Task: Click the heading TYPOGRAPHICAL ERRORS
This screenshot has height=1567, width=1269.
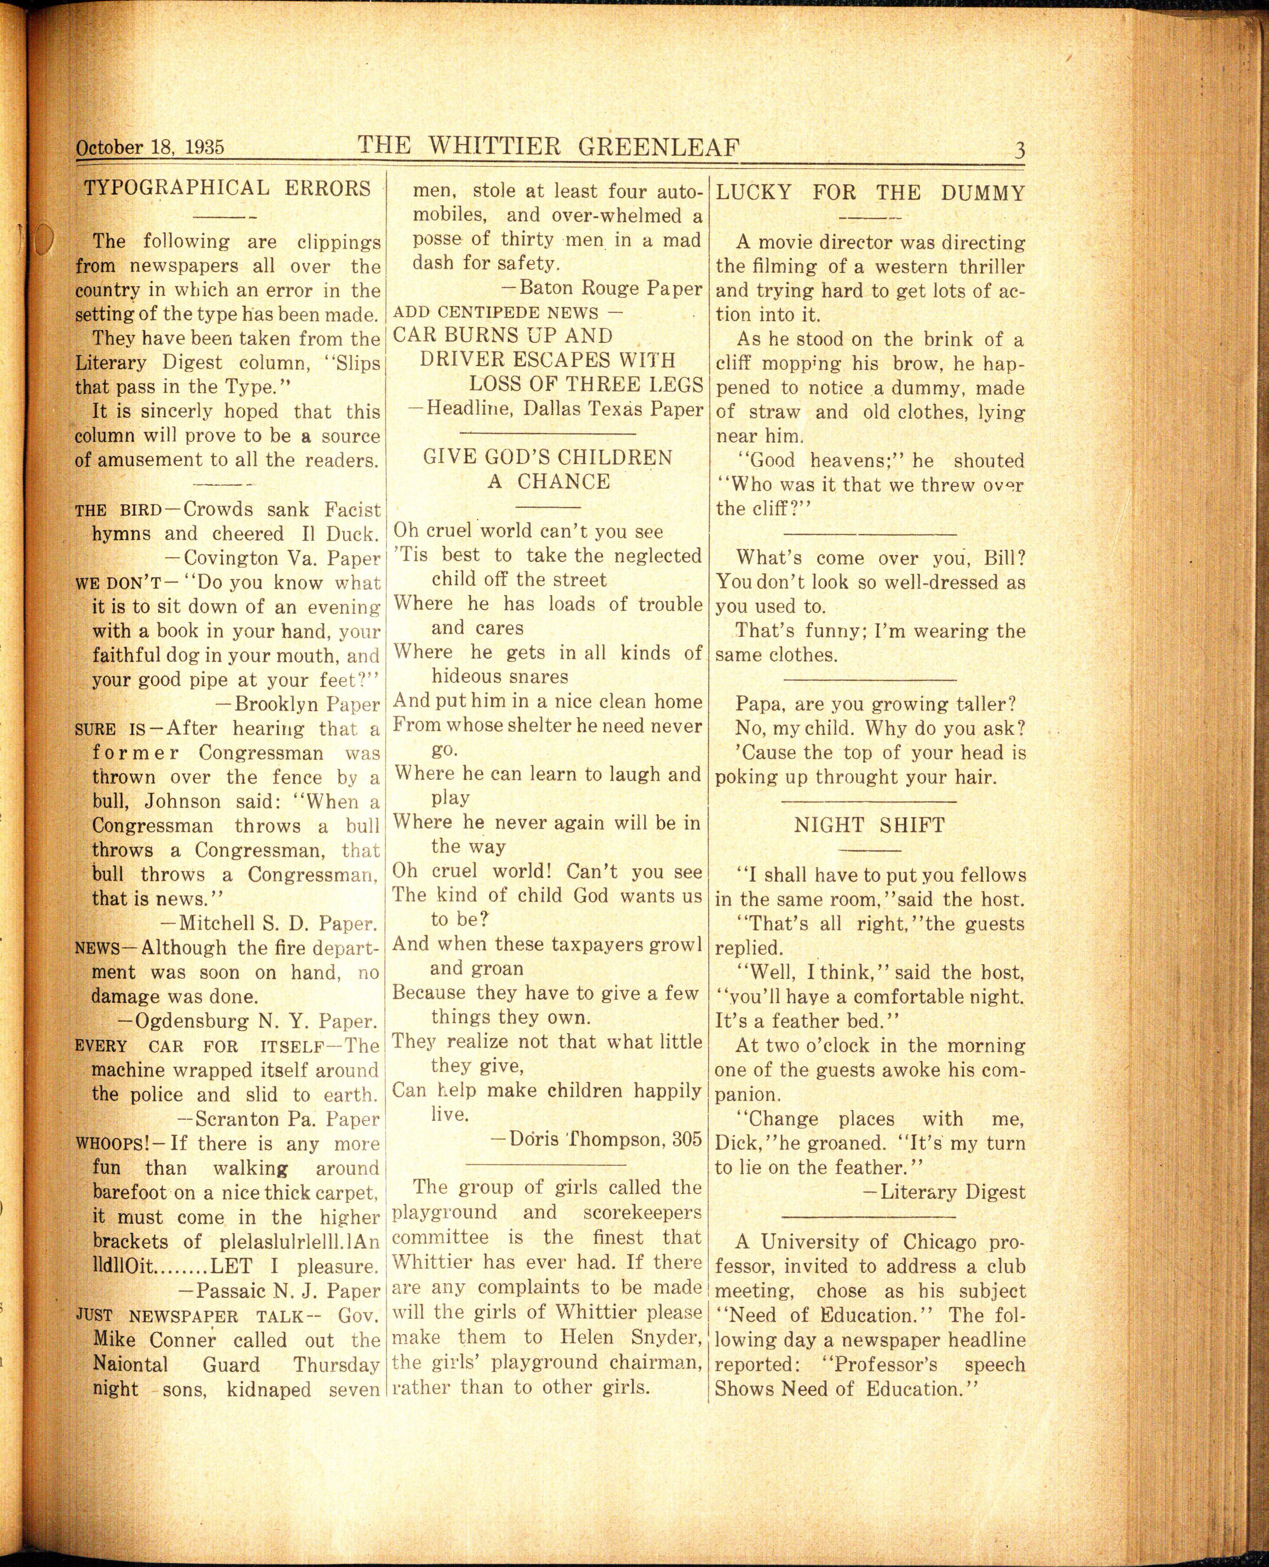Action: click(227, 189)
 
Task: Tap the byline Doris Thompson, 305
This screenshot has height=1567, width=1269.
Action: click(596, 1138)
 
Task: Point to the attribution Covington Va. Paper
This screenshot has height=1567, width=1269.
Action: click(273, 559)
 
